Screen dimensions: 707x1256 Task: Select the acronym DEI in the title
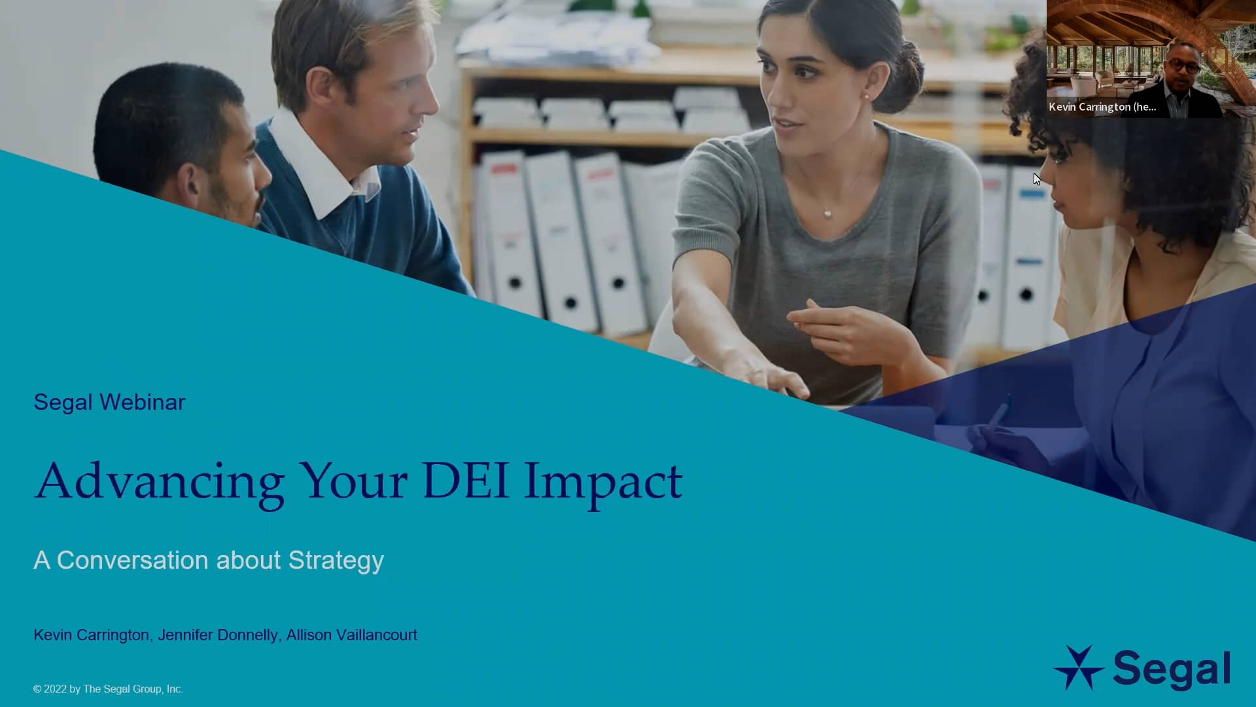click(x=465, y=481)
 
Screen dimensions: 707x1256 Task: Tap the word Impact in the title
click(x=602, y=482)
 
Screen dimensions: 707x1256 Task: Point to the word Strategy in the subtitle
click(x=336, y=561)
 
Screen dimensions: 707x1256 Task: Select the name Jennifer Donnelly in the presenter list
click(x=218, y=635)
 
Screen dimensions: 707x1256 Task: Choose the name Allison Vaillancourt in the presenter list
click(x=351, y=635)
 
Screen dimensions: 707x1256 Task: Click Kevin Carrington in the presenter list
click(x=91, y=635)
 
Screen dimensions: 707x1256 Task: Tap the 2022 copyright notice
click(x=108, y=689)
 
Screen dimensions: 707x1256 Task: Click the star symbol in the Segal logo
click(x=1077, y=668)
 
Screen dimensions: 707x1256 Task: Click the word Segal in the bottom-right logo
click(x=1171, y=669)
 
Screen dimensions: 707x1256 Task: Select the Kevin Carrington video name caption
click(x=1102, y=107)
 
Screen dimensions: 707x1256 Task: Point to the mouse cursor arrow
click(x=1037, y=179)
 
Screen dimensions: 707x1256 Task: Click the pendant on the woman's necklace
click(x=828, y=212)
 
